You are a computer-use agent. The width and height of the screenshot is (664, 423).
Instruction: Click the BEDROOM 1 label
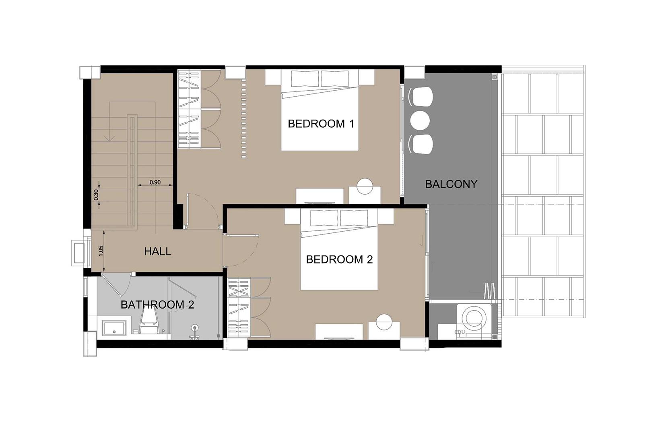(x=321, y=124)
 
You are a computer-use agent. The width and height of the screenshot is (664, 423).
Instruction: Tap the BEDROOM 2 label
(x=339, y=259)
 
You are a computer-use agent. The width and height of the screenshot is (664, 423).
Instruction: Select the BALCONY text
(x=451, y=185)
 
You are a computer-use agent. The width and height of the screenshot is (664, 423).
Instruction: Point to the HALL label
(x=158, y=252)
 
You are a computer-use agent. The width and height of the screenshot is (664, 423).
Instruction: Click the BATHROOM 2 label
(x=157, y=305)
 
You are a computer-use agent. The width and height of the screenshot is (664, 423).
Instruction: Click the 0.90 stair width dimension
(x=155, y=182)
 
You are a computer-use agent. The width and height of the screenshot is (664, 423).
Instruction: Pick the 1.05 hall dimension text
(x=101, y=251)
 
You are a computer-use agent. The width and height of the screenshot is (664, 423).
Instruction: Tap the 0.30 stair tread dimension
(x=96, y=195)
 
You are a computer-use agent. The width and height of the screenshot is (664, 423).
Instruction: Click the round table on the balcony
(x=421, y=120)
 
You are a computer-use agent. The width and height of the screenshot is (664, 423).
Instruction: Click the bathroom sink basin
(x=114, y=328)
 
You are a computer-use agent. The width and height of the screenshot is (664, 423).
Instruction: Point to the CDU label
(x=460, y=332)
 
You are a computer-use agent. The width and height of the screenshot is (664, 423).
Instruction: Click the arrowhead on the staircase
(x=110, y=138)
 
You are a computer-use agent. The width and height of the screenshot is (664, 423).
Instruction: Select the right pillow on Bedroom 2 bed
(x=354, y=218)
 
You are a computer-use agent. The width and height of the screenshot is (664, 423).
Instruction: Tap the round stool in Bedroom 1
(x=365, y=186)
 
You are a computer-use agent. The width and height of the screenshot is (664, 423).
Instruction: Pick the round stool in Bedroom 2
(x=384, y=322)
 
